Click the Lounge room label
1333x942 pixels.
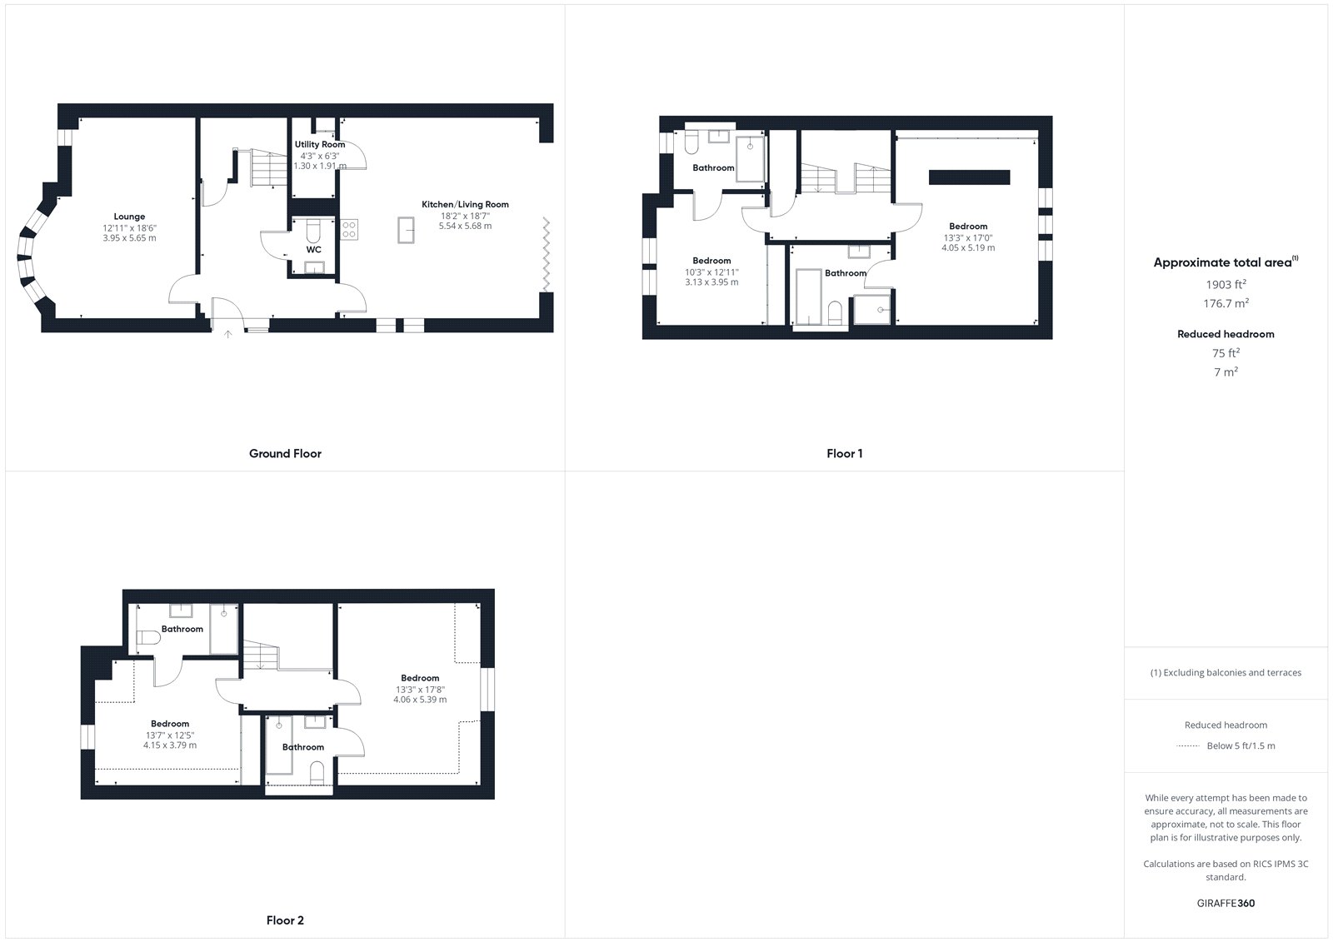129,217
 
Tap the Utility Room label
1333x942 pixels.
320,145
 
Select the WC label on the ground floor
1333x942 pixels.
313,250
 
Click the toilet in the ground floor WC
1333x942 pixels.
313,230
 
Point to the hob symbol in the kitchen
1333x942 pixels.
349,230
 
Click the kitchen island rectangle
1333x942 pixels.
406,230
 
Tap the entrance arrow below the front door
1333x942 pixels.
228,335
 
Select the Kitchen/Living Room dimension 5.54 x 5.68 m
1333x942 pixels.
466,226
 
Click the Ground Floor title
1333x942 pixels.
285,453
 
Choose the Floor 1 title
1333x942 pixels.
845,453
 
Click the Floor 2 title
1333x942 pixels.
285,920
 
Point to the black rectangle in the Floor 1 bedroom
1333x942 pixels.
970,177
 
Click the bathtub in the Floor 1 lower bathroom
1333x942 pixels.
808,297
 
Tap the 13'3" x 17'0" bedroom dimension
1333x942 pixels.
968,238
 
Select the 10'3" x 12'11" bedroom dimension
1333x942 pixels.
711,272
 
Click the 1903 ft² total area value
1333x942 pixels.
1226,285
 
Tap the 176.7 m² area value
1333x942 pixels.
1226,303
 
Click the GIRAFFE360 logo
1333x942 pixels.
1226,904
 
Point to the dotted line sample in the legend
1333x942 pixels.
1188,746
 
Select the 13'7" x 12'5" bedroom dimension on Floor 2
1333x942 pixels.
170,735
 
